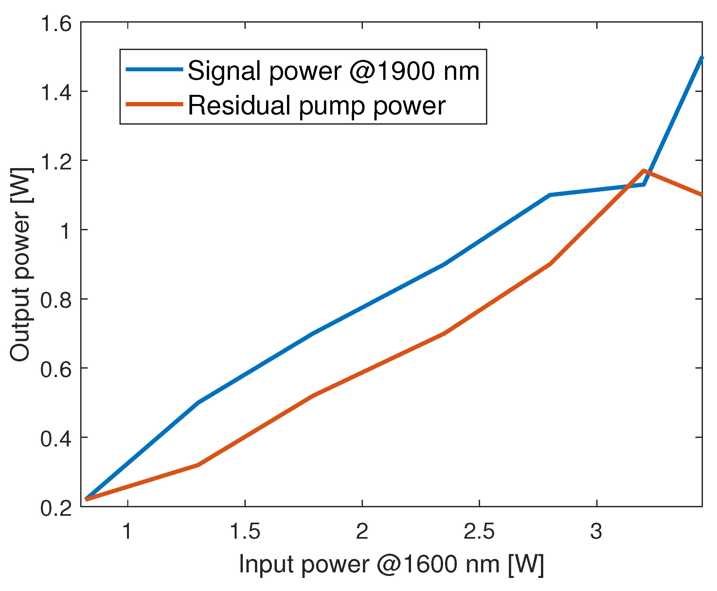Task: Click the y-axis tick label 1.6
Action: (x=56, y=25)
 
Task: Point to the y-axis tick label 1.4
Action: (x=56, y=93)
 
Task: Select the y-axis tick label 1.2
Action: (x=56, y=162)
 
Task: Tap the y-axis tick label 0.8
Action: (x=56, y=300)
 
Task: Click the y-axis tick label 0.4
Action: (x=56, y=439)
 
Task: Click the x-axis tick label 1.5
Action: (x=245, y=531)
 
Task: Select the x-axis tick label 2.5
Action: (x=479, y=531)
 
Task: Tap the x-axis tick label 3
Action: (x=596, y=531)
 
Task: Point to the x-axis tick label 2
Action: (x=362, y=531)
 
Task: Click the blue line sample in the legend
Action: (x=155, y=69)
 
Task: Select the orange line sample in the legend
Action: (x=155, y=104)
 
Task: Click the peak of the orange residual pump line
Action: (x=643, y=170)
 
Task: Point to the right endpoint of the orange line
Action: (x=702, y=195)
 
